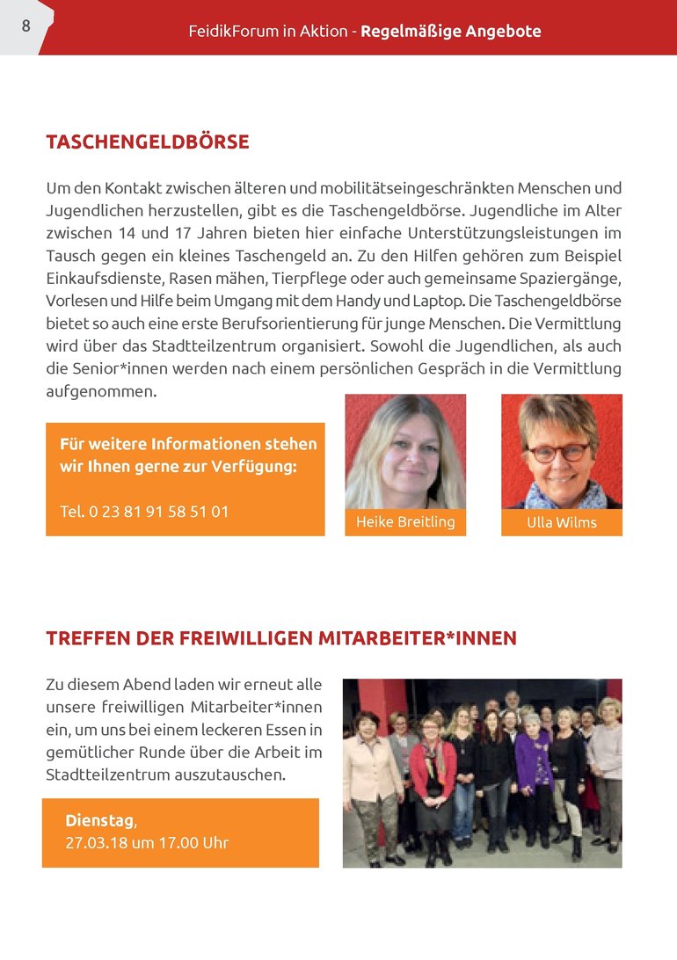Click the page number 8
pyautogui.click(x=25, y=26)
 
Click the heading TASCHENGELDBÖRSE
pyautogui.click(x=147, y=142)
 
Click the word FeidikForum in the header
pyautogui.click(x=229, y=32)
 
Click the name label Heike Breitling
pyautogui.click(x=405, y=522)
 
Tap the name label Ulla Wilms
pyautogui.click(x=561, y=522)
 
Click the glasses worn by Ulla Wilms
pyautogui.click(x=559, y=452)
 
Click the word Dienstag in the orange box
pyautogui.click(x=100, y=821)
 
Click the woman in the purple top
pyautogui.click(x=532, y=765)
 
